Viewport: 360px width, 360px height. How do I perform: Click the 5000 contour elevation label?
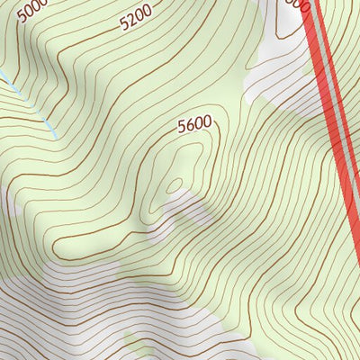[x=32, y=10]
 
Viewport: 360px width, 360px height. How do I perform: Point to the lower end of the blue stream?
[x=56, y=137]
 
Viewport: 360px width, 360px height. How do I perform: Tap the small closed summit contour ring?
[x=175, y=185]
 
